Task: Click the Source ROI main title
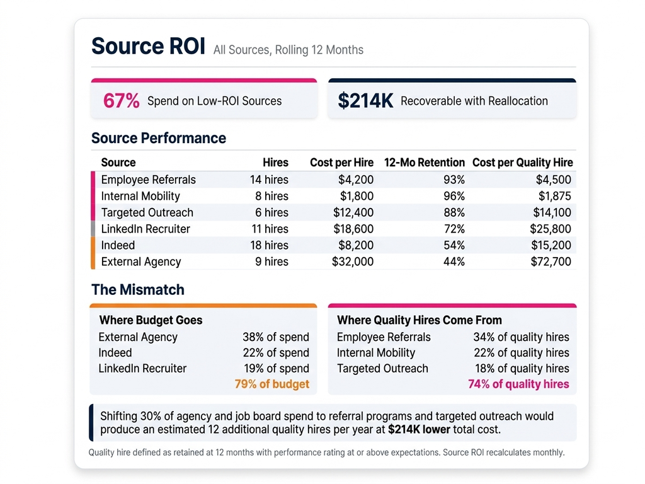coord(148,47)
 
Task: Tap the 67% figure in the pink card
coord(121,101)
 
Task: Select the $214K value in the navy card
coord(365,101)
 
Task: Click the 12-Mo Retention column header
coord(424,163)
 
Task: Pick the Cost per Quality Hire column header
coord(522,163)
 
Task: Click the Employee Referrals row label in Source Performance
coord(148,180)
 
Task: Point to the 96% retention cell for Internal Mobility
coord(454,196)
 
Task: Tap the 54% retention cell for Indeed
coord(454,245)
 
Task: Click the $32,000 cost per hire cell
coord(352,262)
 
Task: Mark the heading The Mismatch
coord(138,290)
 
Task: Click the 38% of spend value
coord(276,337)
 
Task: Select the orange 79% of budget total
coord(271,384)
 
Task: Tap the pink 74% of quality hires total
coord(518,384)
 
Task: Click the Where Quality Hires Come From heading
coord(420,320)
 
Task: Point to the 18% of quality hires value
coord(522,369)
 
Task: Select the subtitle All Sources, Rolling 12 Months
coord(288,50)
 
